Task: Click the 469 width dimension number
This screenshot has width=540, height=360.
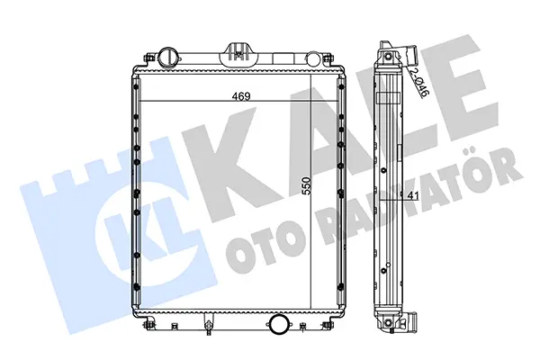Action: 240,97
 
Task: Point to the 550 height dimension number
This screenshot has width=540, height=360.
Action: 306,185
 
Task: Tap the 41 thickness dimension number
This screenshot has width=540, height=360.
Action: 412,195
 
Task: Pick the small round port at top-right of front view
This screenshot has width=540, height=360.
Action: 313,58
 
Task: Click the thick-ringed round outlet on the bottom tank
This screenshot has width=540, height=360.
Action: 279,324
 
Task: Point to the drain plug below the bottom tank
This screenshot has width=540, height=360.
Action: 208,326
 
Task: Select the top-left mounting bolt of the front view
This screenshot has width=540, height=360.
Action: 148,58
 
